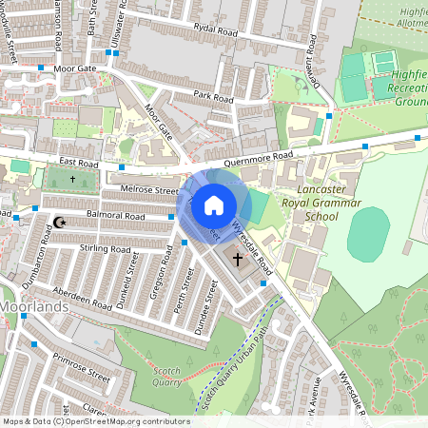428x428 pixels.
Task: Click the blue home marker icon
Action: pos(213,205)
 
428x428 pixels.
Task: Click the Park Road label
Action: pos(212,97)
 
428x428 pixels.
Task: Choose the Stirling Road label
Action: pos(106,248)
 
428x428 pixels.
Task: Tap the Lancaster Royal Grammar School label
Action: pos(311,204)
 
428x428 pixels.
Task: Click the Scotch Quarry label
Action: pos(166,377)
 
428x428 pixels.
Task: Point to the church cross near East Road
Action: pos(73,178)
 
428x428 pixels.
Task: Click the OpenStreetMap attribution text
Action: pos(95,420)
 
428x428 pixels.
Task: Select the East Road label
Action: pos(77,164)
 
